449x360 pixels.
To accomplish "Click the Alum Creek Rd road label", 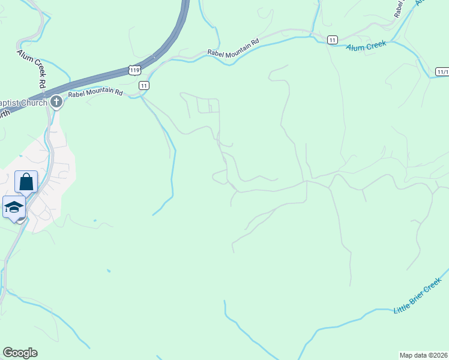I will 32,68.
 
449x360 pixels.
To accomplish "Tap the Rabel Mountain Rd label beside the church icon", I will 95,93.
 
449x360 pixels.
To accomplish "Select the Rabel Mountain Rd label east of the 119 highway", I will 234,47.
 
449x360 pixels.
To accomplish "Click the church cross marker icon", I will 56,102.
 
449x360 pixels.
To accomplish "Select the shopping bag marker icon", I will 26,181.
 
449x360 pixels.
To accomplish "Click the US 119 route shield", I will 134,70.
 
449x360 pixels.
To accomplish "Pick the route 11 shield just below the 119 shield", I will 144,85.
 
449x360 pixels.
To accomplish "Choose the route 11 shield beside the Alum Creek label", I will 332,40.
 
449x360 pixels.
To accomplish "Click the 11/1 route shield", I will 442,71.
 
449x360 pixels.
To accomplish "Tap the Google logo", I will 20,353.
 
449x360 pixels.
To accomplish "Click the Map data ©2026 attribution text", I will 424,355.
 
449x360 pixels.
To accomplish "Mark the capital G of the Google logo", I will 8,353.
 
